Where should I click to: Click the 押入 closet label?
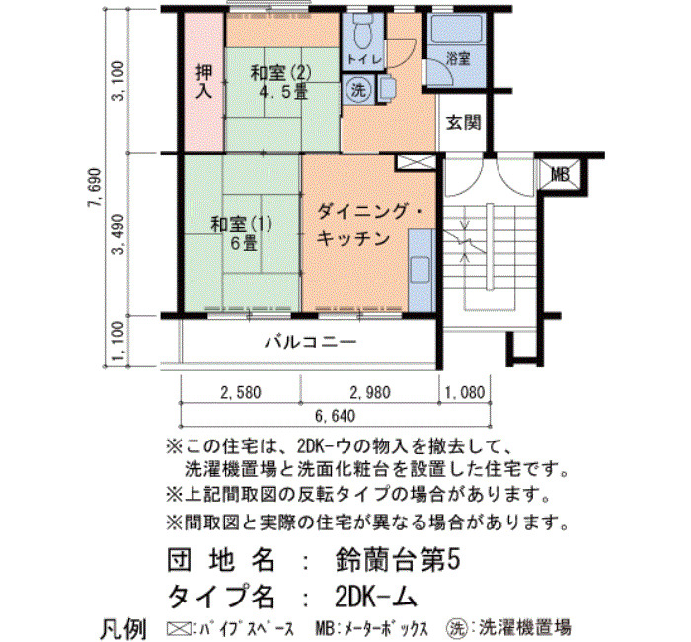tap(204, 82)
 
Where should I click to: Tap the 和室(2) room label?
tap(280, 73)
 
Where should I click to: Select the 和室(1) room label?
tap(242, 224)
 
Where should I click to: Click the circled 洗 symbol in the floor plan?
tap(357, 90)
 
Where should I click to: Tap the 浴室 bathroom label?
tap(458, 58)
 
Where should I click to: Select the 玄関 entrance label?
tap(463, 122)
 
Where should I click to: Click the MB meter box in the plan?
tap(560, 174)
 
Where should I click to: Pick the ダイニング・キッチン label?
tap(369, 225)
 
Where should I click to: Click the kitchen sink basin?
tap(421, 271)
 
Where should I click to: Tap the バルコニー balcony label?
tap(311, 342)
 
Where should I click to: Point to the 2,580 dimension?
tap(241, 392)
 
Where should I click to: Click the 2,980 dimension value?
tap(370, 392)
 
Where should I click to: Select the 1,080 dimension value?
tap(465, 392)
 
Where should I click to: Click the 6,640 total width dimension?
tap(335, 416)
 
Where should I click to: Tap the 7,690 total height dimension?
tap(95, 188)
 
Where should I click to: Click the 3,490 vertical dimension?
tap(118, 234)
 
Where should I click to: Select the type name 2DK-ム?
tap(375, 598)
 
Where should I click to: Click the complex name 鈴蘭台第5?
tap(398, 560)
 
